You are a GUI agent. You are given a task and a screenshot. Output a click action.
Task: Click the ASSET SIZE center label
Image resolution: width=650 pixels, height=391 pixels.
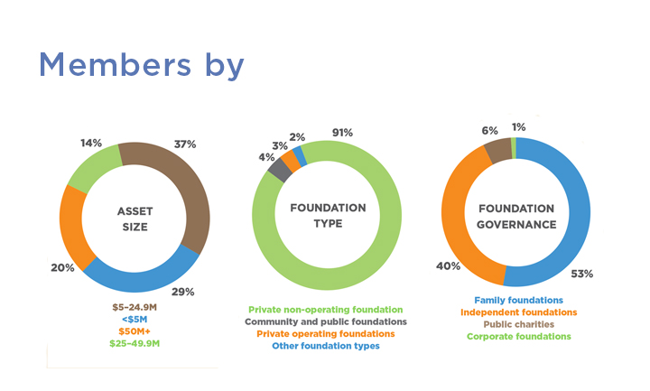pos(135,219)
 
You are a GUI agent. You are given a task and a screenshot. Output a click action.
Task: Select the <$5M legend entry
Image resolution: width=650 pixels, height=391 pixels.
pos(135,320)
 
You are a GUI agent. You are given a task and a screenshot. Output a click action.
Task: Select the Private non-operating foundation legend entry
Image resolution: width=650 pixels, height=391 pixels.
pos(327,309)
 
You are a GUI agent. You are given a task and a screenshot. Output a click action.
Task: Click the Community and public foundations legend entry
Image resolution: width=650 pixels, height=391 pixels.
pos(327,321)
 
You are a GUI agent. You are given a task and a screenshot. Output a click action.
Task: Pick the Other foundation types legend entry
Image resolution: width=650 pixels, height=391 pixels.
pos(327,346)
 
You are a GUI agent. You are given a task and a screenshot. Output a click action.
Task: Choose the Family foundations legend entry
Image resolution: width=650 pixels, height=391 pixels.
pos(518,300)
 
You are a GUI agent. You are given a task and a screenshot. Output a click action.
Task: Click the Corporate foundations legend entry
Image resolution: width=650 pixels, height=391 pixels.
pos(518,336)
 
